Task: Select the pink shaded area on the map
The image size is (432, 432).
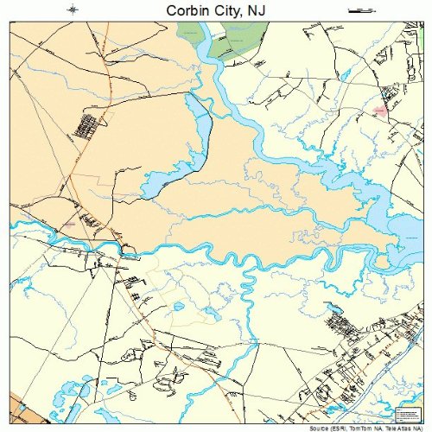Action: [x=380, y=111]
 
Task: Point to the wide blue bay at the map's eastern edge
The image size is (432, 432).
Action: [x=408, y=226]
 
